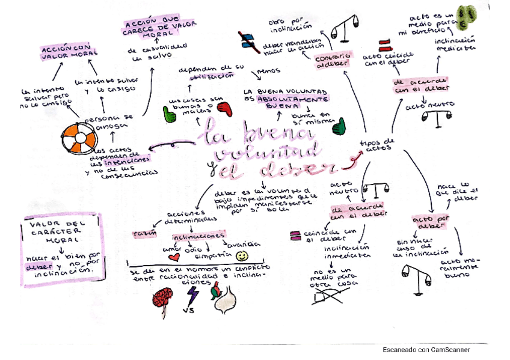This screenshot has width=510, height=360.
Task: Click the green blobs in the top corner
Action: click(x=464, y=17)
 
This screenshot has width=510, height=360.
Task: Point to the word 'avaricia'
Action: click(x=243, y=243)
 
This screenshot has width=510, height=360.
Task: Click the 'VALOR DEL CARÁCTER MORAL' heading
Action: click(x=59, y=231)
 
